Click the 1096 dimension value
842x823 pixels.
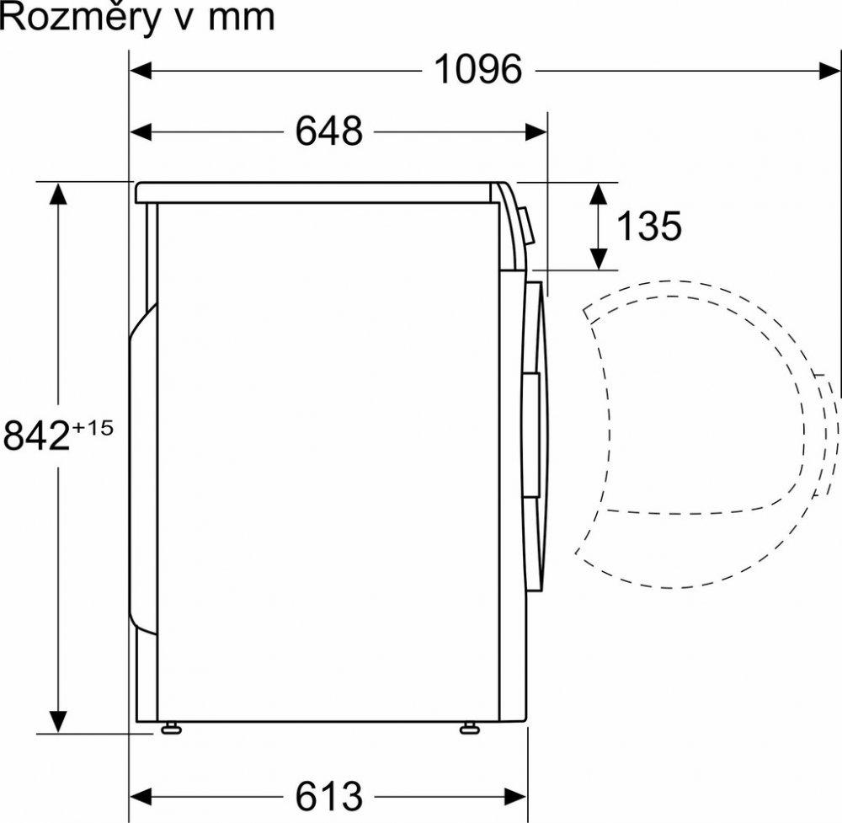(477, 69)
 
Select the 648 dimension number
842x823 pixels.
(329, 131)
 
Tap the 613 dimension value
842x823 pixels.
(329, 795)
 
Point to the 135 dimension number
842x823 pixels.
(648, 226)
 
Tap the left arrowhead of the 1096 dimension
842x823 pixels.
(141, 71)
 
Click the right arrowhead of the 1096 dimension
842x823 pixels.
(829, 71)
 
